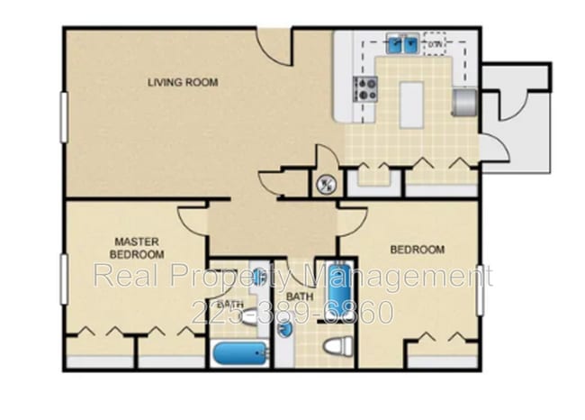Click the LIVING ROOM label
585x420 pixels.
[183, 83]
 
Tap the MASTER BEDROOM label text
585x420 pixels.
[135, 248]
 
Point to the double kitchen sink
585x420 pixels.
[401, 42]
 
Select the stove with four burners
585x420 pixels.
[365, 88]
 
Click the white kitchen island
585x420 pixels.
[411, 104]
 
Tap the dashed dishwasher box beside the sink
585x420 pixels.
[436, 42]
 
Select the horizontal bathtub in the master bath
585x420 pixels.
[238, 352]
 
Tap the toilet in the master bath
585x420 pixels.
[248, 315]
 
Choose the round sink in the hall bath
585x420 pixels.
[285, 329]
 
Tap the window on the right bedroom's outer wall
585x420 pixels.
[480, 288]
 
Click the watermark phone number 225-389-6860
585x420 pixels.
[292, 313]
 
